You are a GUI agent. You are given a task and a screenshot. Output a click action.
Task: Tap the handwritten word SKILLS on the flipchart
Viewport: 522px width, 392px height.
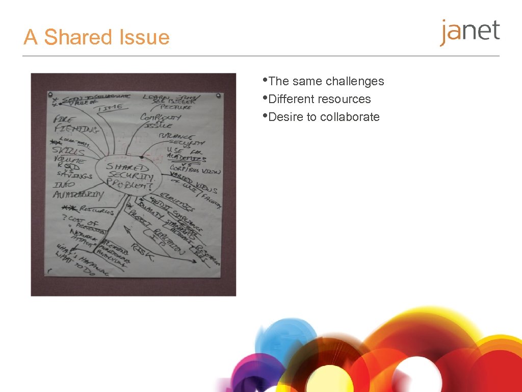[69, 153]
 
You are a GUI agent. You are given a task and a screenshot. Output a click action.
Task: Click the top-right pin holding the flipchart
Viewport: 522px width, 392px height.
[219, 95]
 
